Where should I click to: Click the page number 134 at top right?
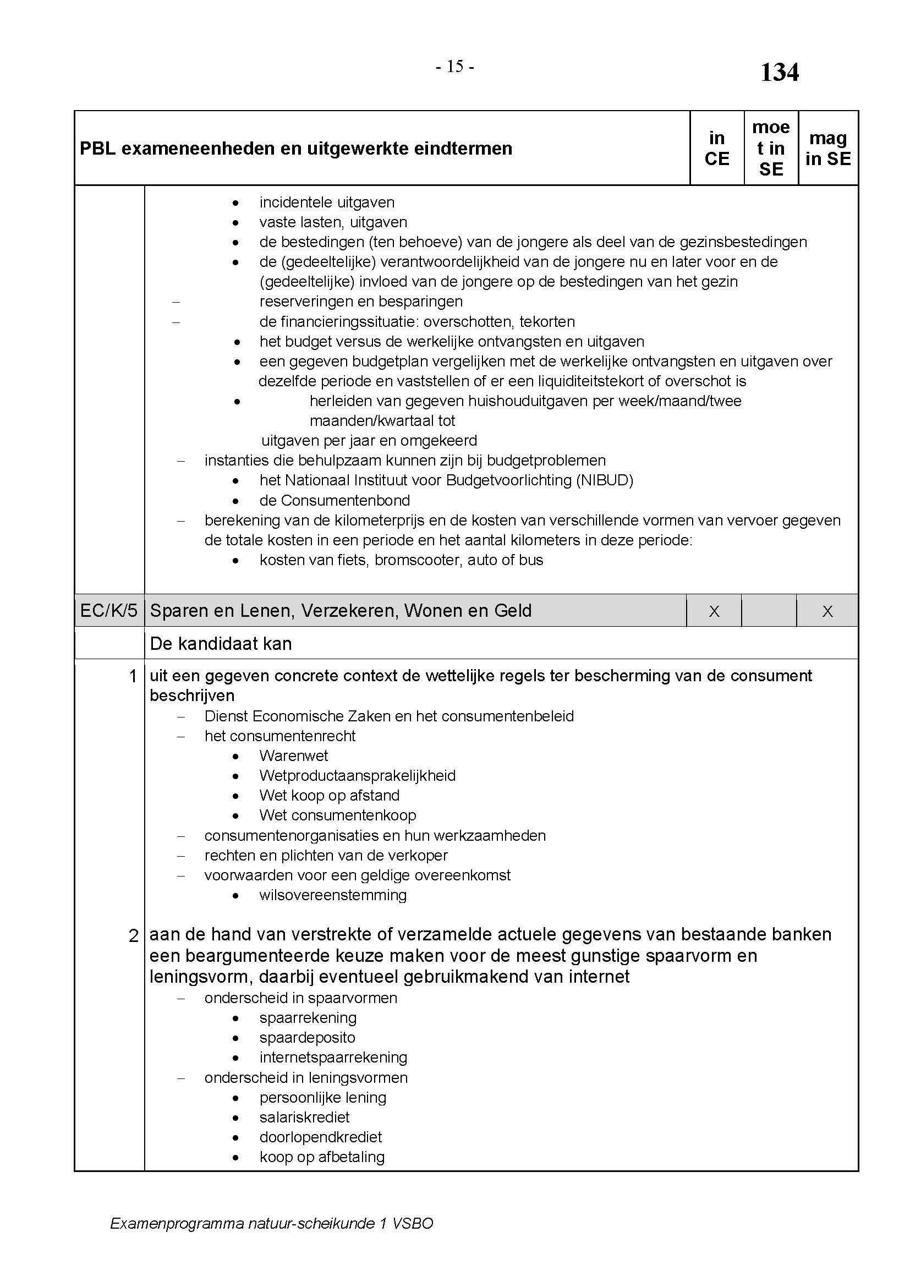pos(779,73)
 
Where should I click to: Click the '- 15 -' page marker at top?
pos(455,67)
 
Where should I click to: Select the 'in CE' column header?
pos(717,149)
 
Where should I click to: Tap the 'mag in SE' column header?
pos(827,149)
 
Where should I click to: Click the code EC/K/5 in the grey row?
pos(109,610)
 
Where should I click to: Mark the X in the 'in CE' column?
pos(714,611)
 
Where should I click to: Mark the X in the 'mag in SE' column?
pos(827,611)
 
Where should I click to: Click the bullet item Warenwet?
pos(294,755)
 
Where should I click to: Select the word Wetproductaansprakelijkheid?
pos(358,776)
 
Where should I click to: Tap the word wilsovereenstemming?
pos(333,895)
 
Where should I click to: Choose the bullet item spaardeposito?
pos(307,1038)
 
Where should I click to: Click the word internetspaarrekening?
pos(333,1058)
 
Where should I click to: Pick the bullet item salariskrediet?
pos(304,1117)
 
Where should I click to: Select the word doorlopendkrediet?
pos(321,1137)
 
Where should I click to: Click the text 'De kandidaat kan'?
pos(221,644)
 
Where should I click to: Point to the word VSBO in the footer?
pos(413,1223)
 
